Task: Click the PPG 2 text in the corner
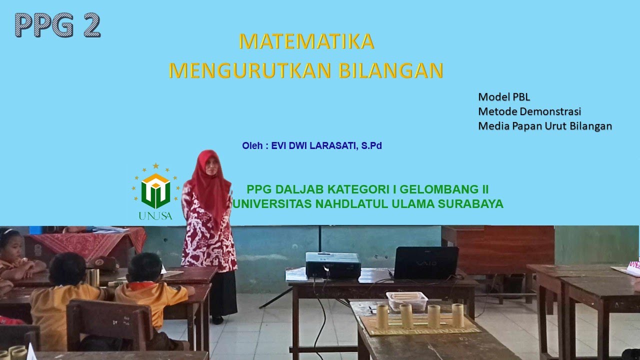(57, 25)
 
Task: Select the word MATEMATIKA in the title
(306, 41)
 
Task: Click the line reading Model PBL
(503, 97)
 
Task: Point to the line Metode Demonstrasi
(529, 111)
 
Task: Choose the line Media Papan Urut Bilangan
(545, 126)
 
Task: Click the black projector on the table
(333, 265)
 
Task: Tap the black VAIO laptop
(426, 263)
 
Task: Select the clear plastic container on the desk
(407, 300)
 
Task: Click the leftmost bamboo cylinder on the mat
(382, 316)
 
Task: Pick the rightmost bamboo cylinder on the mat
(457, 315)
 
